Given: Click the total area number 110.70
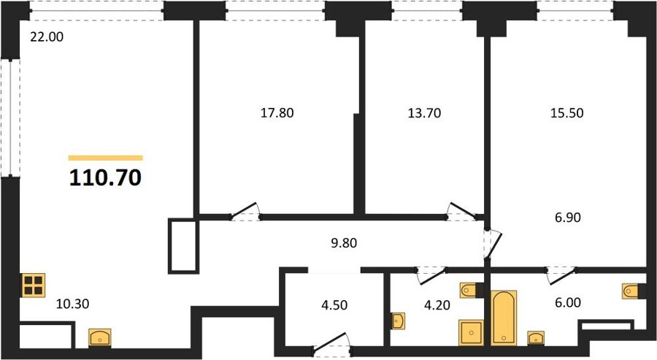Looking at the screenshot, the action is pyautogui.click(x=105, y=177).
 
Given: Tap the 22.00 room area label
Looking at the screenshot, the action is pyautogui.click(x=47, y=37).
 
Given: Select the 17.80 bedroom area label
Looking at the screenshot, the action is pyautogui.click(x=277, y=112).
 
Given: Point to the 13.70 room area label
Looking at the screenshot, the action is pyautogui.click(x=424, y=112).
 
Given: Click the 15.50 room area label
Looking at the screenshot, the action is pyautogui.click(x=567, y=112).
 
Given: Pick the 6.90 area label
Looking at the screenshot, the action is pyautogui.click(x=568, y=218).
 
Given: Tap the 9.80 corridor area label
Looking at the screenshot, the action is pyautogui.click(x=344, y=243).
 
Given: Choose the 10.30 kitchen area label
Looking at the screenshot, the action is pyautogui.click(x=72, y=304).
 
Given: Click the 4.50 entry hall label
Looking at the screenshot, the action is pyautogui.click(x=334, y=305).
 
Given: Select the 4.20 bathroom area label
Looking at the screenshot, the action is pyautogui.click(x=437, y=305).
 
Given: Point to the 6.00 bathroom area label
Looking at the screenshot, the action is pyautogui.click(x=568, y=302).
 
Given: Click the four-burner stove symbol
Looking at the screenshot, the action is pyautogui.click(x=34, y=286).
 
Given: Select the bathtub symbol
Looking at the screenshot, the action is pyautogui.click(x=504, y=317).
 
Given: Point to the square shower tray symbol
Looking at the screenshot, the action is pyautogui.click(x=472, y=333).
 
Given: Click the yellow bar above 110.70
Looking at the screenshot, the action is pyautogui.click(x=106, y=158).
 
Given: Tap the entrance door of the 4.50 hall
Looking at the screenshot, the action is pyautogui.click(x=331, y=341).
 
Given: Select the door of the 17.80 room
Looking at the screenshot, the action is pyautogui.click(x=245, y=211).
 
